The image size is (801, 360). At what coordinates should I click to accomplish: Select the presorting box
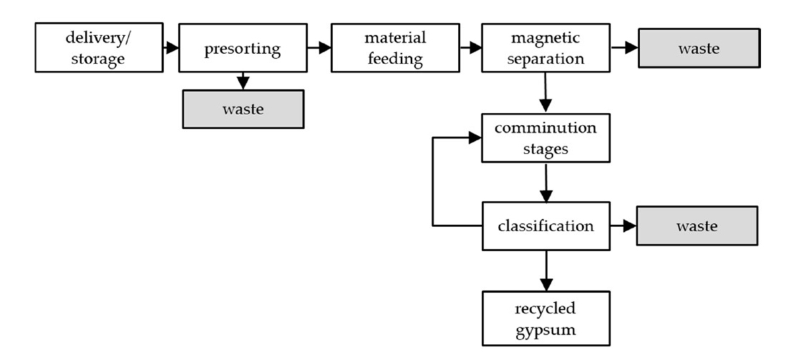[x=242, y=49]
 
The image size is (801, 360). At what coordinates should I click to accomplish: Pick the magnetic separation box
[x=545, y=49]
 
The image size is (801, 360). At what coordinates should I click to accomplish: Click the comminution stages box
[x=545, y=138]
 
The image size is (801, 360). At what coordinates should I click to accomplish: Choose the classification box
[x=545, y=226]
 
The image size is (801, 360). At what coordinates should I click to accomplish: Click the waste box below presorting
[x=242, y=108]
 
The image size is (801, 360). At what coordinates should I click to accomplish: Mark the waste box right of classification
[x=697, y=226]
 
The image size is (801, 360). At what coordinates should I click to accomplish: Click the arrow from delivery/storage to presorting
[x=170, y=48]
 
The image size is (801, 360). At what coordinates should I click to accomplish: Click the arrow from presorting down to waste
[x=242, y=80]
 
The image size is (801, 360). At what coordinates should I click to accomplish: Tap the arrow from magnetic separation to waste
[x=623, y=48]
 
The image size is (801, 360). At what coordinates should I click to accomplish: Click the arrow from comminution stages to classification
[x=546, y=182]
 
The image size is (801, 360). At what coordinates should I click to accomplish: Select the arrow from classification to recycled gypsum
[x=546, y=270]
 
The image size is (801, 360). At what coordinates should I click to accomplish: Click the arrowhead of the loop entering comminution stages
[x=475, y=138]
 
